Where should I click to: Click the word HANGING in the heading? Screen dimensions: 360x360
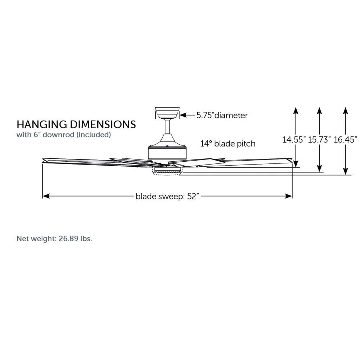pos(42,125)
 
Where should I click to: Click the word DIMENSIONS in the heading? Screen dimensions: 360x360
pos(103,125)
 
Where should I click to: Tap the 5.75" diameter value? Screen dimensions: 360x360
pos(205,115)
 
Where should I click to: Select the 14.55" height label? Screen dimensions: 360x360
pos(294,140)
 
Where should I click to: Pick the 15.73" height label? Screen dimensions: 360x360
pos(319,140)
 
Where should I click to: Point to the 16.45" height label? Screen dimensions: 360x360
pos(345,140)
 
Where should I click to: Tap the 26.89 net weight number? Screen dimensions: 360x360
pos(68,239)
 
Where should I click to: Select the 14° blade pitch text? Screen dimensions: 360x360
pos(228,144)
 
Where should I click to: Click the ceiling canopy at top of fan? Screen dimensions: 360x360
pos(167,112)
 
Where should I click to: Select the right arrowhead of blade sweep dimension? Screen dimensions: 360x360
pos(288,196)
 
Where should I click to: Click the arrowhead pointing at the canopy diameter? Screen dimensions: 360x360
pos(183,115)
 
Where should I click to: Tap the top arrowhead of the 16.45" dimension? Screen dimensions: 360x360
pos(345,111)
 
